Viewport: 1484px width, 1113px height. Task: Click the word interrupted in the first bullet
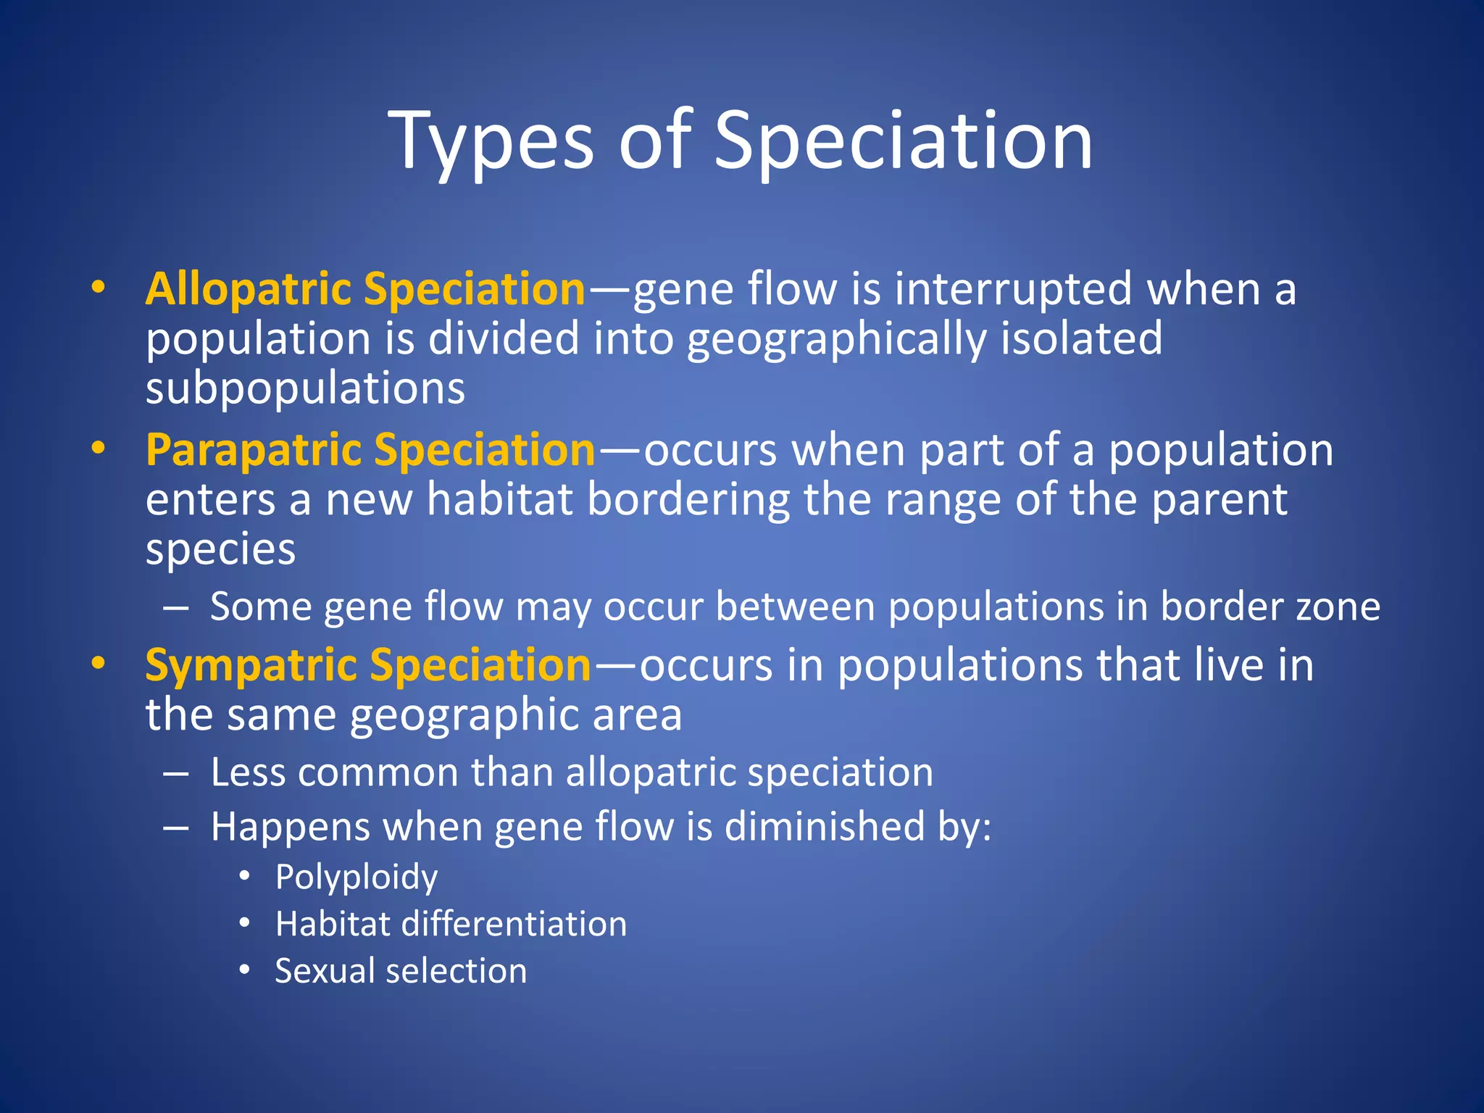pos(1013,288)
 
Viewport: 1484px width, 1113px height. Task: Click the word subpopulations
pos(305,388)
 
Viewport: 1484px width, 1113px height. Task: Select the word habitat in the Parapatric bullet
pos(500,500)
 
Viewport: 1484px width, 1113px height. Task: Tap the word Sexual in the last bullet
pos(324,971)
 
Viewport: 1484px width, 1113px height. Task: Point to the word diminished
pos(825,827)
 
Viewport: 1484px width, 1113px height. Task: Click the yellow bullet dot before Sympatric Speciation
pos(99,662)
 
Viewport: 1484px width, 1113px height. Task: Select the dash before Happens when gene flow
pos(176,828)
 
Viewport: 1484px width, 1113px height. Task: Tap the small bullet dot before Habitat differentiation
pos(245,924)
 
